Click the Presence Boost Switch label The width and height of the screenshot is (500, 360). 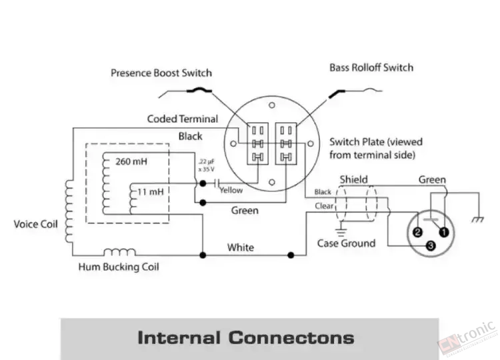pyautogui.click(x=161, y=72)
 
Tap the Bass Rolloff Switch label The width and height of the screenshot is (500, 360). pyautogui.click(x=371, y=67)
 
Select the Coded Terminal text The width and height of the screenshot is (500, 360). pyautogui.click(x=183, y=119)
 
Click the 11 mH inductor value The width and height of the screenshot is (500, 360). pyautogui.click(x=151, y=191)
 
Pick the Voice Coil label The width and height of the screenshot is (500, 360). pyautogui.click(x=35, y=224)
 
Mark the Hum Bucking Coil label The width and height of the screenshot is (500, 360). pyautogui.click(x=119, y=267)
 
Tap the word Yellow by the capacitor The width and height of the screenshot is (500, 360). pyautogui.click(x=231, y=190)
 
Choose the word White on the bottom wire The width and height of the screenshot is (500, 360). pyautogui.click(x=240, y=247)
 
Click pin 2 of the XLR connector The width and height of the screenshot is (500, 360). pyautogui.click(x=417, y=233)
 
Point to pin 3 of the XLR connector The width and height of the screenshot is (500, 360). pyautogui.click(x=430, y=247)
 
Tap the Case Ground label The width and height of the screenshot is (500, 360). pyautogui.click(x=346, y=243)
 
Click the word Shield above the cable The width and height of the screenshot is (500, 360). pyautogui.click(x=353, y=179)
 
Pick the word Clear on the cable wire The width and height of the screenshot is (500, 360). pyautogui.click(x=323, y=207)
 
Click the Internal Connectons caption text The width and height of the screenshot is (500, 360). pyautogui.click(x=245, y=337)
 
